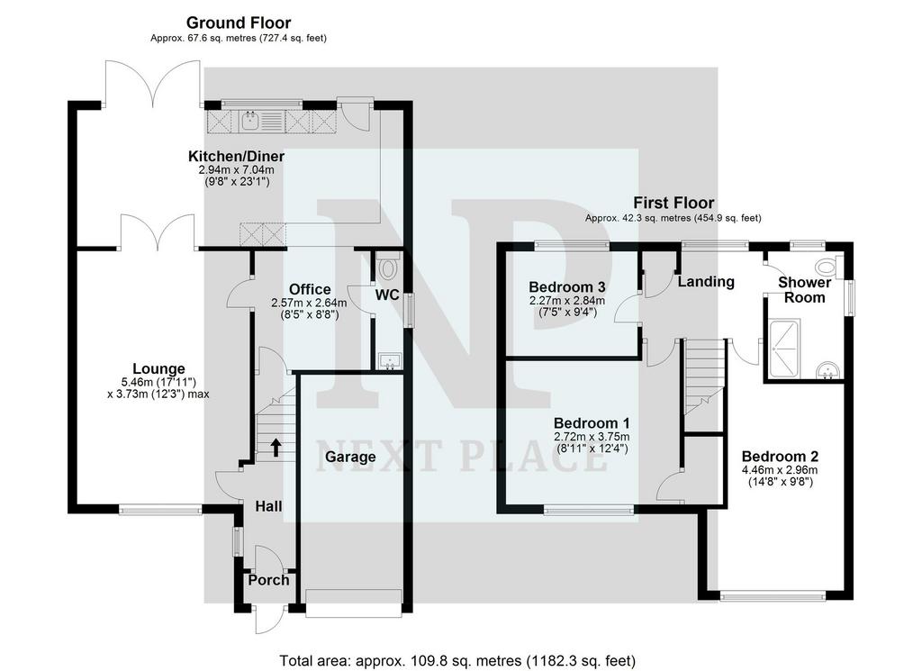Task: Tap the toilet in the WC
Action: [x=387, y=267]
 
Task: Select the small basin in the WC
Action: [x=389, y=361]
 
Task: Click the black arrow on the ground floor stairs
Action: [x=275, y=447]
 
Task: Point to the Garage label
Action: [x=350, y=457]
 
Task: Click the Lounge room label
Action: [x=158, y=368]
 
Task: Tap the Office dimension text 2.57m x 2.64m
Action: [x=309, y=304]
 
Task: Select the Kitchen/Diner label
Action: [x=237, y=157]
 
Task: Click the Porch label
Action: [x=268, y=580]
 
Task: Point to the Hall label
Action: [x=268, y=506]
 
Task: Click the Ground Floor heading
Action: [x=239, y=23]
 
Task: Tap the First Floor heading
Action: [x=673, y=203]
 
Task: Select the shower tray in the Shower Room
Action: [x=783, y=349]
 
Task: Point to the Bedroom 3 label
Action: [x=567, y=287]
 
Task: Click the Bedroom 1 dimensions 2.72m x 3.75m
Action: [x=592, y=437]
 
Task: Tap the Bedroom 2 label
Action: [x=781, y=457]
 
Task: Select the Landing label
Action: [x=706, y=282]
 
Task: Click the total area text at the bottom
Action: [x=457, y=660]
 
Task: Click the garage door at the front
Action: [x=354, y=603]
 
